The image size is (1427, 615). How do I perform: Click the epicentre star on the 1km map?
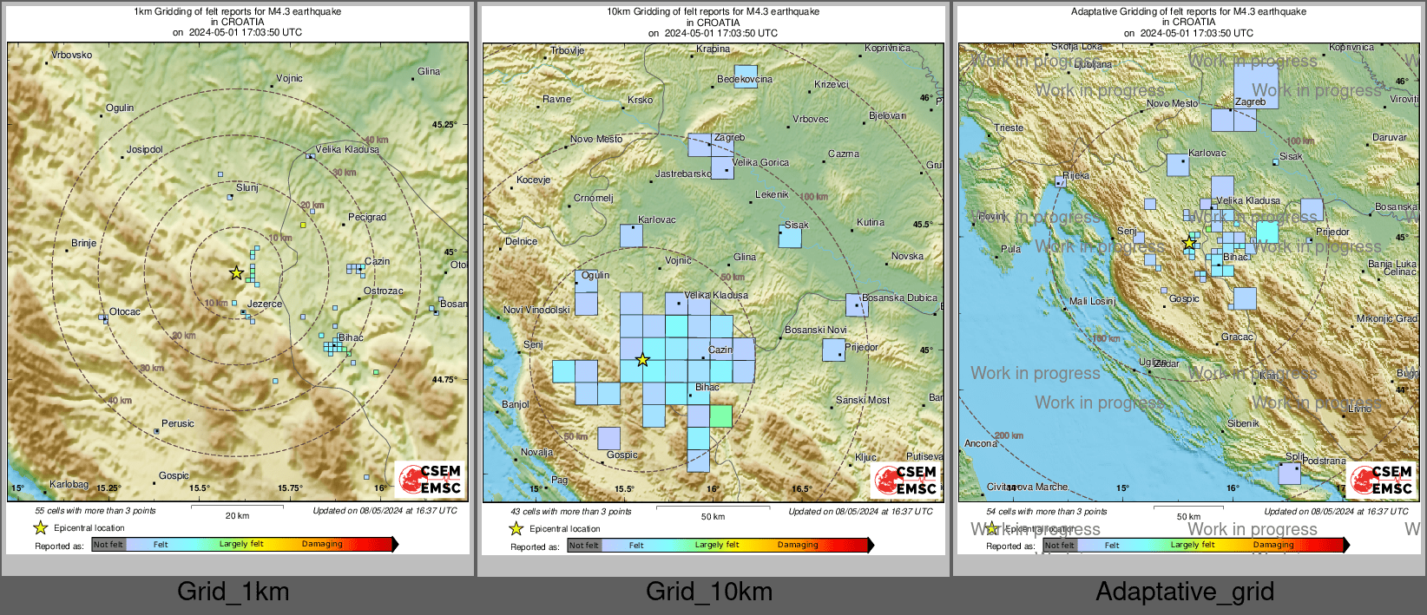(x=236, y=273)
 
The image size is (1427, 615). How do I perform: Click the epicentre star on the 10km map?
(x=642, y=360)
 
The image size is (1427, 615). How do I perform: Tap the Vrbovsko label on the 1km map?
(x=72, y=55)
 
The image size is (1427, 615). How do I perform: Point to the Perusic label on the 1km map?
(x=178, y=423)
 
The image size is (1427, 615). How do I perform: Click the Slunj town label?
(x=247, y=187)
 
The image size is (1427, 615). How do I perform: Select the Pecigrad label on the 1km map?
(x=367, y=217)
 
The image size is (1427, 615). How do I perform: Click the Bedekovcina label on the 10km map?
(x=745, y=79)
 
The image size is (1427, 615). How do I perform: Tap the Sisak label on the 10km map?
(x=797, y=225)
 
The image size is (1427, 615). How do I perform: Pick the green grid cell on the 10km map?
(x=721, y=415)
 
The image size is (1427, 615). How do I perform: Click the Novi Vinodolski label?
(x=537, y=310)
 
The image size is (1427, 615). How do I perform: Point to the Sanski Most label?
(x=863, y=400)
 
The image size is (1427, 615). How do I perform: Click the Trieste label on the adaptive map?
(x=1009, y=128)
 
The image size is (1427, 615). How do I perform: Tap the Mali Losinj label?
(x=1093, y=301)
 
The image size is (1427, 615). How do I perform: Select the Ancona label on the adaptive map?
(x=981, y=443)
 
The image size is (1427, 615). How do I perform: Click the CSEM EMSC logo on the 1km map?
(x=431, y=479)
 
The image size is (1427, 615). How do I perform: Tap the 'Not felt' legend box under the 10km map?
(x=584, y=546)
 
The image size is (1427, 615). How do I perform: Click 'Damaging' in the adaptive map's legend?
(x=1273, y=545)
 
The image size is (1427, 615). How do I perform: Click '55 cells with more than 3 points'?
(x=95, y=511)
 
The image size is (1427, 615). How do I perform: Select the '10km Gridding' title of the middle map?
(x=713, y=12)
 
